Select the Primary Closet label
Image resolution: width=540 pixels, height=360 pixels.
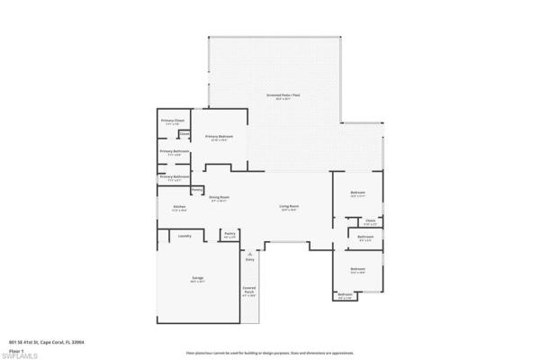[x=173, y=121]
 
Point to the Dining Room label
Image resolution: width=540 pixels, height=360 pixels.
[x=220, y=196]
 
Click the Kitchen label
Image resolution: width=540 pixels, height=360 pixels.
[x=179, y=207]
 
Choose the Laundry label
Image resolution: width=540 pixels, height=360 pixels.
[x=184, y=236]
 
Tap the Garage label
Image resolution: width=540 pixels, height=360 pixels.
[x=196, y=279]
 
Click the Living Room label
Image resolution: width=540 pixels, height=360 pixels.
[x=288, y=207]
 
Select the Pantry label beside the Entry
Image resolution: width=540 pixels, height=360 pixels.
[x=229, y=233]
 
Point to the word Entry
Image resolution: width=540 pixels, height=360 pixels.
[x=249, y=259]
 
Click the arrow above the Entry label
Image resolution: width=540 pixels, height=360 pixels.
[x=249, y=253]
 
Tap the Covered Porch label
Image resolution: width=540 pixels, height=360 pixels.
[x=249, y=290]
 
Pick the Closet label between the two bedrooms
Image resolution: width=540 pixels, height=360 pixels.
[x=370, y=220]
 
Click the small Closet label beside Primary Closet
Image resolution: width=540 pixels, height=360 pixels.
[x=184, y=134]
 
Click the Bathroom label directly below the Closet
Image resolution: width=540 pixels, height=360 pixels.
[x=365, y=238]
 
